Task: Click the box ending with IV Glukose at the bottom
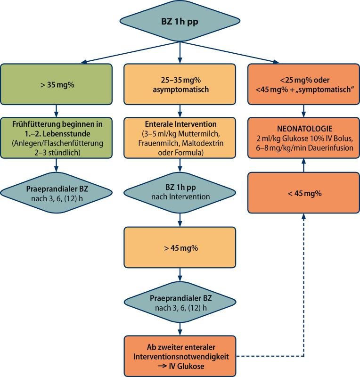click(x=180, y=357)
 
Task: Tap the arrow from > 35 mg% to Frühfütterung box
click(x=57, y=110)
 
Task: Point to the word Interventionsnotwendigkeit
click(x=180, y=357)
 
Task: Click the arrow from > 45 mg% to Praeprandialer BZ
click(x=180, y=276)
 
